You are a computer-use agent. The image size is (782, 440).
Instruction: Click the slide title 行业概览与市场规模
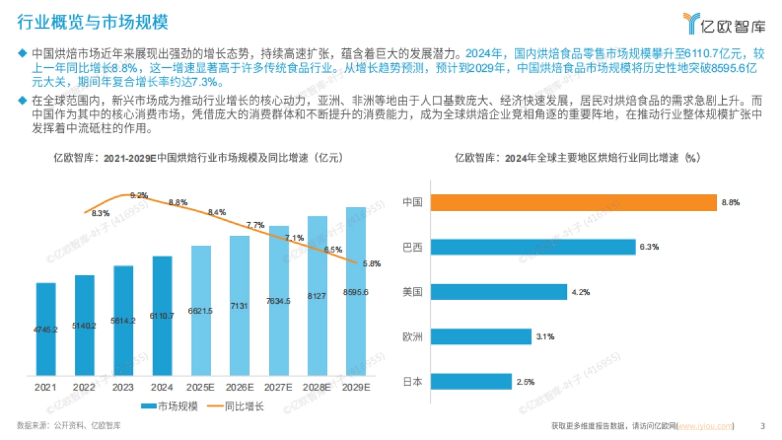pyautogui.click(x=92, y=23)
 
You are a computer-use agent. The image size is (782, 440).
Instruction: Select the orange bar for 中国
pyautogui.click(x=573, y=203)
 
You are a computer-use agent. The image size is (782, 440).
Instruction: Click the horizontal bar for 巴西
pyautogui.click(x=532, y=247)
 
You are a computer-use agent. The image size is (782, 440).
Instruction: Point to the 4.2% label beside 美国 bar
pyautogui.click(x=581, y=292)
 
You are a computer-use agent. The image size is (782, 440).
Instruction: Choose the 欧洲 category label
pyautogui.click(x=413, y=337)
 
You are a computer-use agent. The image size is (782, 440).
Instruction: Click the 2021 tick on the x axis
pyautogui.click(x=46, y=387)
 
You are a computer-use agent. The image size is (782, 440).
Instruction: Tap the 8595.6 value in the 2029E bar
pyautogui.click(x=355, y=292)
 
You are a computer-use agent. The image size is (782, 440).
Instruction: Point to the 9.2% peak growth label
pyautogui.click(x=139, y=195)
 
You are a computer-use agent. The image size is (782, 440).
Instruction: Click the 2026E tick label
pyautogui.click(x=240, y=387)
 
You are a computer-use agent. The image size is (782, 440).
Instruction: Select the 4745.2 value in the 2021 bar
pyautogui.click(x=46, y=330)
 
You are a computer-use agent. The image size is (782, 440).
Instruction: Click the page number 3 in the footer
pyautogui.click(x=762, y=426)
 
